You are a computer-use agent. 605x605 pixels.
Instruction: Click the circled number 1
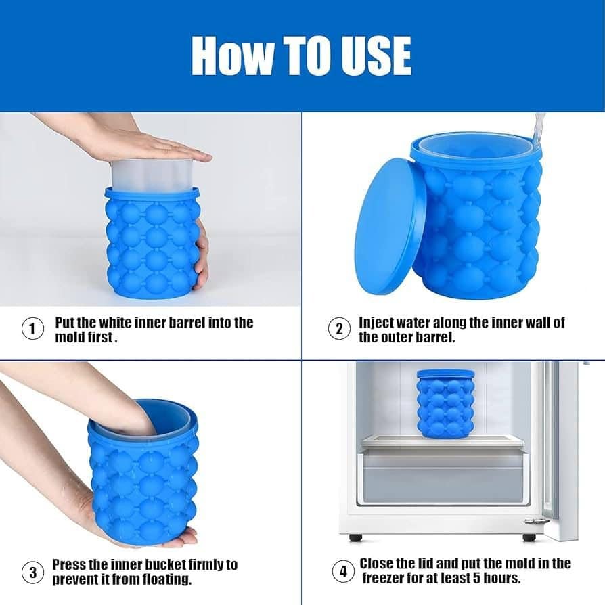click(x=30, y=330)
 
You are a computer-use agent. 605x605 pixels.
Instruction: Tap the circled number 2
click(x=339, y=330)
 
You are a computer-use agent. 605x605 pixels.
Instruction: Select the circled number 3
click(x=30, y=573)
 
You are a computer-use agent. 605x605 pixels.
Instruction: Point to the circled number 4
click(x=343, y=571)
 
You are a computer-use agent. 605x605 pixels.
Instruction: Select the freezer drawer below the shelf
click(x=443, y=477)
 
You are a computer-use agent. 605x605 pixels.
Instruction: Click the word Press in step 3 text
click(x=69, y=564)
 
